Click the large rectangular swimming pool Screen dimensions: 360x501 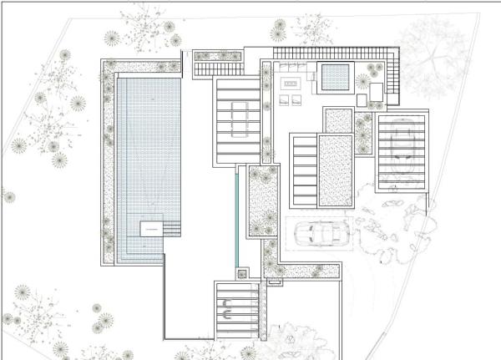[x=146, y=159]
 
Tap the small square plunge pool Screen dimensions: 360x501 [x=335, y=77]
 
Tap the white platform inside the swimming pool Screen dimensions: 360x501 [x=150, y=227]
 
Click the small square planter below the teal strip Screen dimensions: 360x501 [x=242, y=272]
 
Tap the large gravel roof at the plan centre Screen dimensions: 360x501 [x=335, y=171]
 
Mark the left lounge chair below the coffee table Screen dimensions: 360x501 [x=284, y=101]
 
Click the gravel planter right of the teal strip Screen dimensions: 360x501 [x=262, y=200]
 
